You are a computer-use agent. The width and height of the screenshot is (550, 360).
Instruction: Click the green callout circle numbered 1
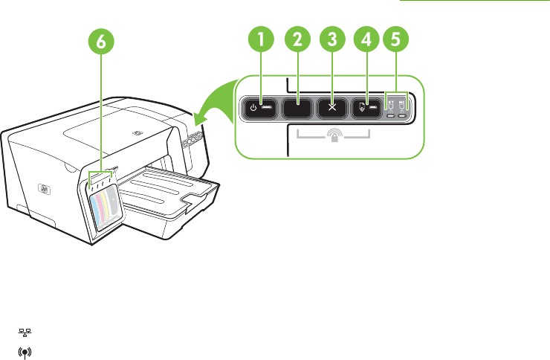click(x=261, y=42)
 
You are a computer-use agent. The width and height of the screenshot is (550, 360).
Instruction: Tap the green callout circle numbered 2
click(x=297, y=42)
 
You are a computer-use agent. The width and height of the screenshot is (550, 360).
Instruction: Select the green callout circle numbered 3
click(x=332, y=42)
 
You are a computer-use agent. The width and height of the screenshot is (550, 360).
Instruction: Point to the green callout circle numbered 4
click(x=366, y=42)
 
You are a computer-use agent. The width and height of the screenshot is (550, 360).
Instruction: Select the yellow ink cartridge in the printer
click(x=104, y=205)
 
